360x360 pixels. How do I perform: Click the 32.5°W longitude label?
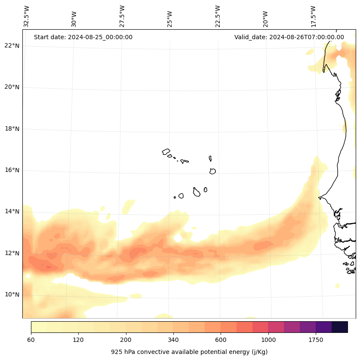(27, 17)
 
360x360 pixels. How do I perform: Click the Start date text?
(83, 37)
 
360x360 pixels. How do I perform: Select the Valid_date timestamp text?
(289, 37)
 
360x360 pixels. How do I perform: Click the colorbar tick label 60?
(31, 340)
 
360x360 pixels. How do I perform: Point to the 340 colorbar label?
(173, 340)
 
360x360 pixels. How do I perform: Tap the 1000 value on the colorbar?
(268, 340)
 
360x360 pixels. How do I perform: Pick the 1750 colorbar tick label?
(316, 340)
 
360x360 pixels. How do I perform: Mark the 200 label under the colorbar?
(126, 340)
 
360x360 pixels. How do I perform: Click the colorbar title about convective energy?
(189, 352)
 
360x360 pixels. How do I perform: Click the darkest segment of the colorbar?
(340, 327)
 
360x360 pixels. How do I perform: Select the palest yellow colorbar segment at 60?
(39, 327)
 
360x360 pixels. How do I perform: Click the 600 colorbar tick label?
(221, 340)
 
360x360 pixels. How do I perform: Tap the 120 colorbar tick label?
(78, 340)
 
